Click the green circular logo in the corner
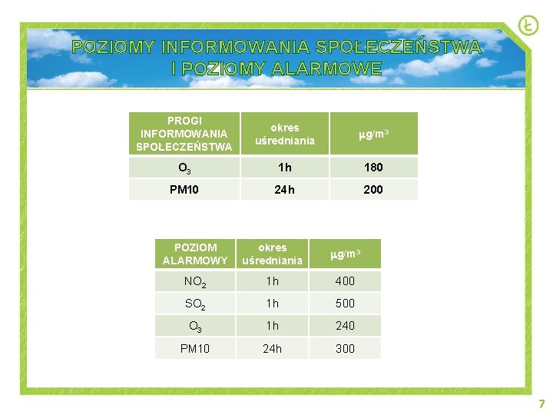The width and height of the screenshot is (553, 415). click(x=528, y=26)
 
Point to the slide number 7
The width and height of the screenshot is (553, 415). click(x=541, y=403)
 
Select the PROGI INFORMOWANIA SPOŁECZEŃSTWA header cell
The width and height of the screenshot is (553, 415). click(x=184, y=134)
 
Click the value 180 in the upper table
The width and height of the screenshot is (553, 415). click(x=373, y=168)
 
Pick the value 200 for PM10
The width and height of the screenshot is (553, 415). click(x=373, y=189)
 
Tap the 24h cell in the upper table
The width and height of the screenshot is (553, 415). click(x=285, y=189)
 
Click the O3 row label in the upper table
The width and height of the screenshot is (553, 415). click(x=184, y=168)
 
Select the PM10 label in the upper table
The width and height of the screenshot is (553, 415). click(x=184, y=189)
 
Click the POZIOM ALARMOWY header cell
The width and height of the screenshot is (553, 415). click(x=195, y=254)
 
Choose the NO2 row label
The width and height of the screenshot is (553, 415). click(x=195, y=281)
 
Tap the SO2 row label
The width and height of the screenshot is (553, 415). click(x=195, y=304)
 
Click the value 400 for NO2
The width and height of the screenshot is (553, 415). click(x=346, y=281)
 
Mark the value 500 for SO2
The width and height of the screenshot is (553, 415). click(x=346, y=304)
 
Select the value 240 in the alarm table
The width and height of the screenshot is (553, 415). click(x=346, y=326)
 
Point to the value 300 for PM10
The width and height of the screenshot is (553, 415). click(x=346, y=348)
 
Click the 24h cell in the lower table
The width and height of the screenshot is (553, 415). click(x=272, y=348)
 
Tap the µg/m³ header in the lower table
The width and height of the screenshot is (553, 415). click(x=346, y=254)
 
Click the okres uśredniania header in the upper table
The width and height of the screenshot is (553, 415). click(x=285, y=134)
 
